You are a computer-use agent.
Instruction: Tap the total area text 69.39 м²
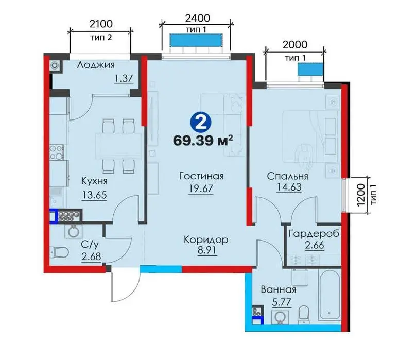point(203,140)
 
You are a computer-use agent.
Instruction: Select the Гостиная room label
point(201,176)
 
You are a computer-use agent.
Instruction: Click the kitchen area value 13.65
point(94,195)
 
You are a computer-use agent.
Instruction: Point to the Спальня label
point(288,176)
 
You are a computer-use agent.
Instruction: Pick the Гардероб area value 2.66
point(315,245)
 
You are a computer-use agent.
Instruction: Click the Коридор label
point(206,240)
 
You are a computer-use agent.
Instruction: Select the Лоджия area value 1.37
point(124,78)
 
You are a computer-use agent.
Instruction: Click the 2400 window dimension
point(198,19)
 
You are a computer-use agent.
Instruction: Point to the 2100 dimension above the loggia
point(101,24)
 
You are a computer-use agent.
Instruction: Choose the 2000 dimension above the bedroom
point(295,45)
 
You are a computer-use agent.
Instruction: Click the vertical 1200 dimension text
point(360,195)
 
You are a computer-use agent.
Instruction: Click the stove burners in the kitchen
point(57,152)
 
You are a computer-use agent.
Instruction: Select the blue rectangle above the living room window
point(196,40)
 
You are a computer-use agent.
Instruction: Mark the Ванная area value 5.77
point(282,303)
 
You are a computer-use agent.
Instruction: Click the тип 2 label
point(101,38)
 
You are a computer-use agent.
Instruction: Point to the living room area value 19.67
point(201,189)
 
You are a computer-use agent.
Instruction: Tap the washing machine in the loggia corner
point(55,66)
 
